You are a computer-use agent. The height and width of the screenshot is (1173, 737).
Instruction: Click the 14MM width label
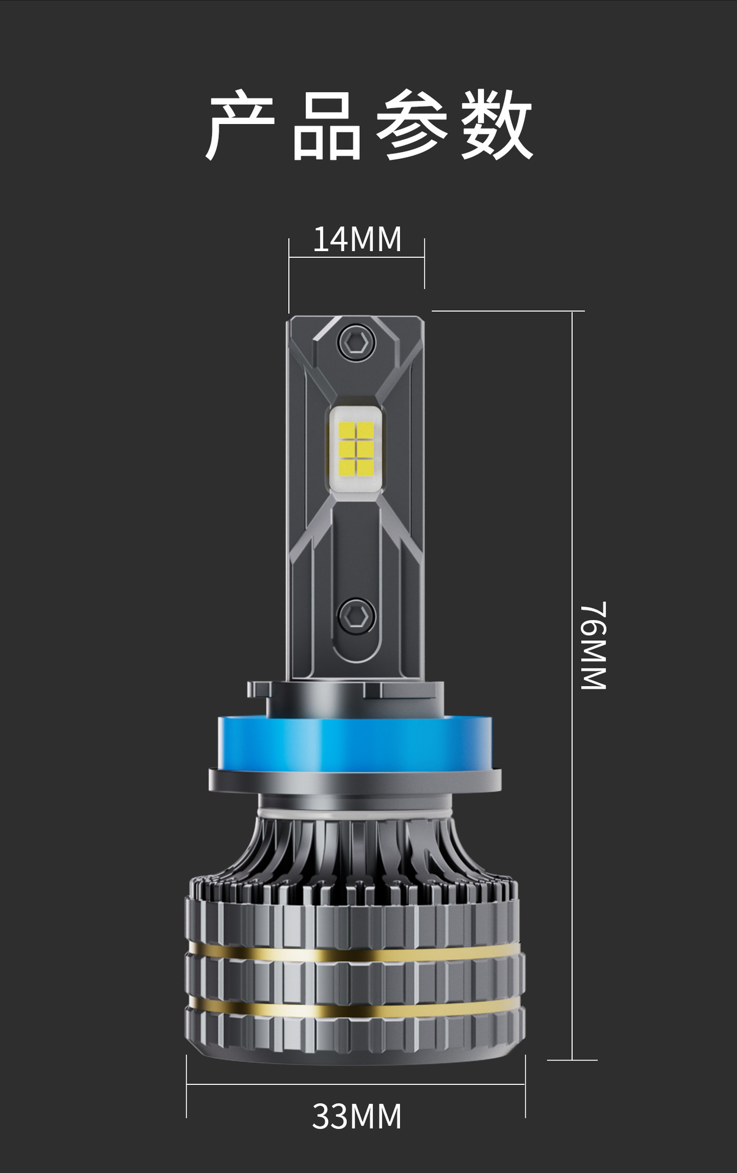[x=357, y=239]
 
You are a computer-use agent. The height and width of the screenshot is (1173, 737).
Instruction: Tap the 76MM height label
[x=593, y=646]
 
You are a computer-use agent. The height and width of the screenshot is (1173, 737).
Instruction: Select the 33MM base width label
[x=357, y=1116]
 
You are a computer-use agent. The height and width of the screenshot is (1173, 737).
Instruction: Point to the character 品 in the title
[x=327, y=125]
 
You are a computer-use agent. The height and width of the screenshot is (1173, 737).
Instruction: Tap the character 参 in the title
[x=412, y=125]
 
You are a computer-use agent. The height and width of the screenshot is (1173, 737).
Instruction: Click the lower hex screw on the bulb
[x=356, y=616]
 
